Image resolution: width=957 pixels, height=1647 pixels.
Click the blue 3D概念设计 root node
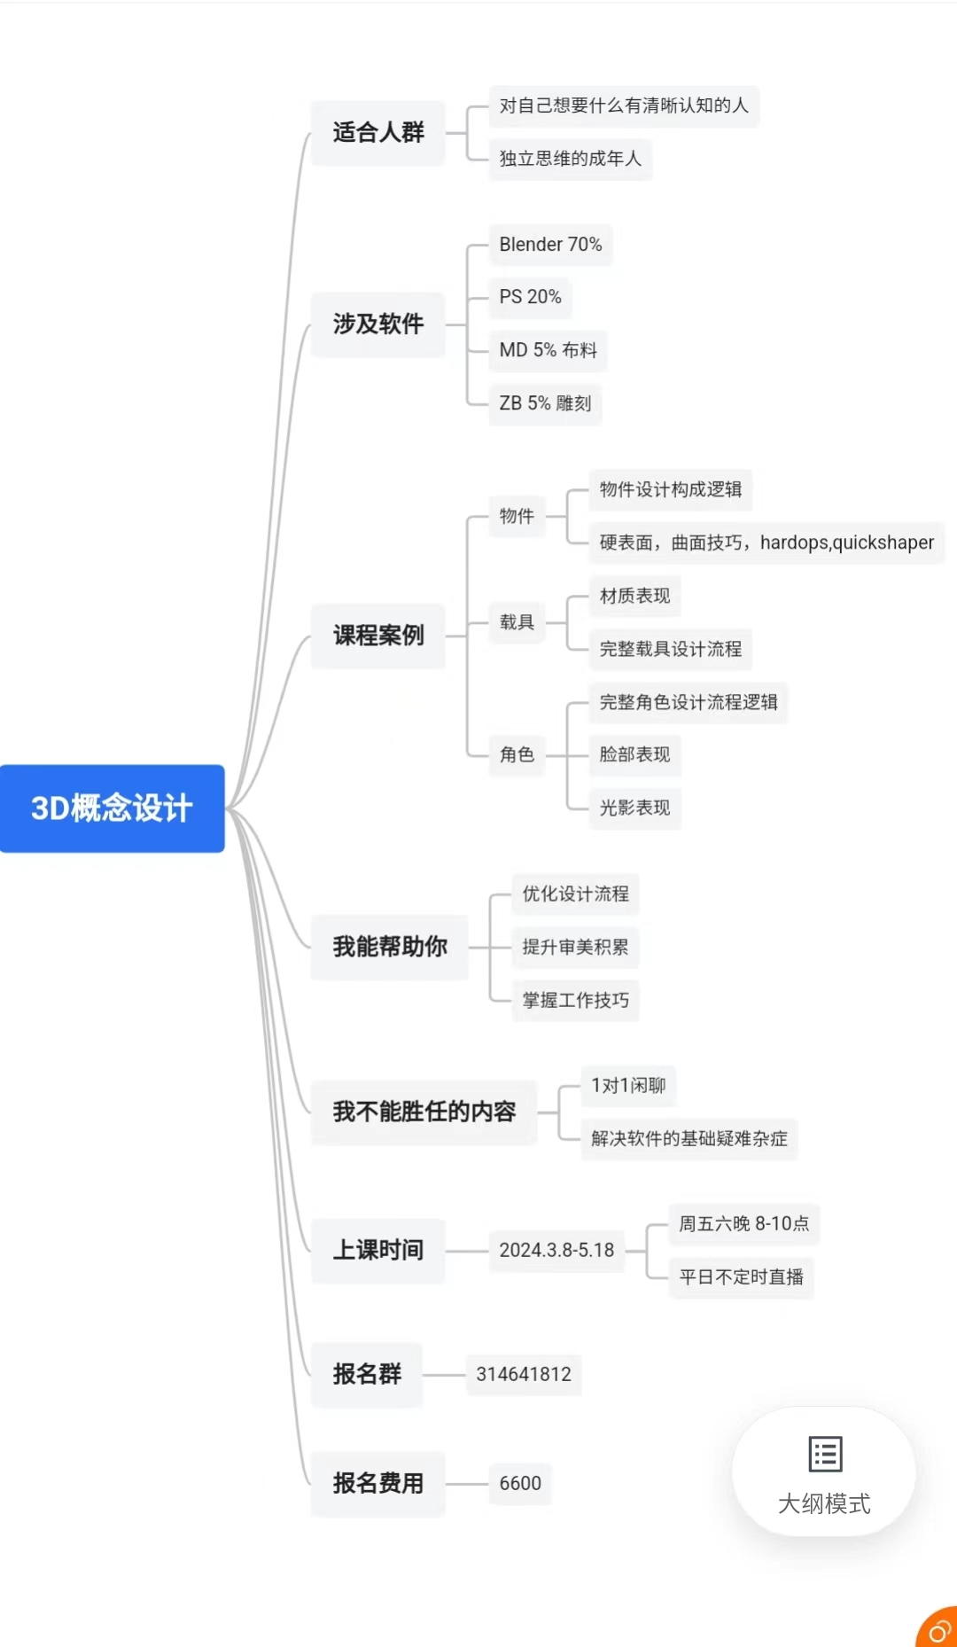click(112, 808)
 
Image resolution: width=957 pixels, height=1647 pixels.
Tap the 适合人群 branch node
click(378, 133)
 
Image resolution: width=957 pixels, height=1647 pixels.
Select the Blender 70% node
click(550, 245)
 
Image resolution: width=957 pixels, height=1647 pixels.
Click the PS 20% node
click(530, 297)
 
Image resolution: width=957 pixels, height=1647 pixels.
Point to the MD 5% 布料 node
click(548, 350)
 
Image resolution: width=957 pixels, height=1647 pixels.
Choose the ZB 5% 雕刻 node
click(545, 403)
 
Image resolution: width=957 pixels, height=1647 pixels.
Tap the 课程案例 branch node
click(378, 636)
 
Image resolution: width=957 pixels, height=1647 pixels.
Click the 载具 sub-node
click(517, 622)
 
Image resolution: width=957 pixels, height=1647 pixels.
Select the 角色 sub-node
click(517, 754)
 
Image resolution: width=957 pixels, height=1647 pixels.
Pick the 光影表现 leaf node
click(634, 808)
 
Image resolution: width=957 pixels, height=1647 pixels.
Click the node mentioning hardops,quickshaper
click(766, 542)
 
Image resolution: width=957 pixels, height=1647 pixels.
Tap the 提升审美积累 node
click(575, 947)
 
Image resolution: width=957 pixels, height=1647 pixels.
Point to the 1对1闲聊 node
click(628, 1086)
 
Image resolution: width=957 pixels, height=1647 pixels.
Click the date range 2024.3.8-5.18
click(556, 1251)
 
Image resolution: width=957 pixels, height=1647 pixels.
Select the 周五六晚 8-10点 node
click(743, 1224)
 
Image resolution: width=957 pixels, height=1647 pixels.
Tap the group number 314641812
click(524, 1375)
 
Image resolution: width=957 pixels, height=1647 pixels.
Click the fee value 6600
click(520, 1484)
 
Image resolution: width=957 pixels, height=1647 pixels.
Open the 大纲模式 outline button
click(824, 1471)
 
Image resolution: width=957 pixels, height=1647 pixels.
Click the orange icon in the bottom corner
click(938, 1628)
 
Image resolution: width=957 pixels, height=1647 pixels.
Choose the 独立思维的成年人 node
click(570, 159)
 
